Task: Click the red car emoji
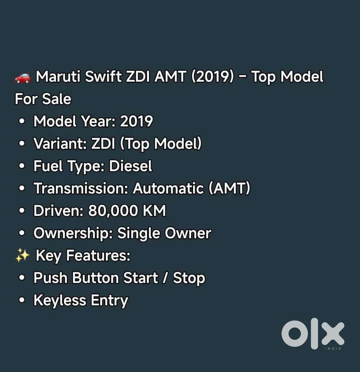pos(23,77)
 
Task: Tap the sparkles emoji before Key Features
pos(22,256)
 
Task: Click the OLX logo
pos(312,333)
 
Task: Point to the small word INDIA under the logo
pos(333,349)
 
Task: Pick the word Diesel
pos(130,166)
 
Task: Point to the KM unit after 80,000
pos(154,211)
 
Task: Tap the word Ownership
pos(73,233)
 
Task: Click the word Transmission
pos(81,188)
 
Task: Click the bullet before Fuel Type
pos(22,166)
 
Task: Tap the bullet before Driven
pos(22,211)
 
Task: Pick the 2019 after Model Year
pos(136,122)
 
